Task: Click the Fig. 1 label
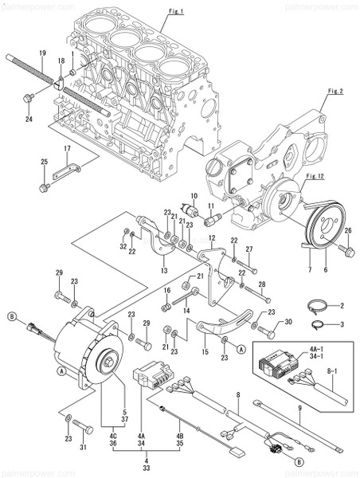coord(176,11)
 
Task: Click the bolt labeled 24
coord(29,98)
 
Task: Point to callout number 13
coord(164,271)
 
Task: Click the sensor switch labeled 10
coord(190,210)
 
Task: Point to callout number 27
coord(248,249)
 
